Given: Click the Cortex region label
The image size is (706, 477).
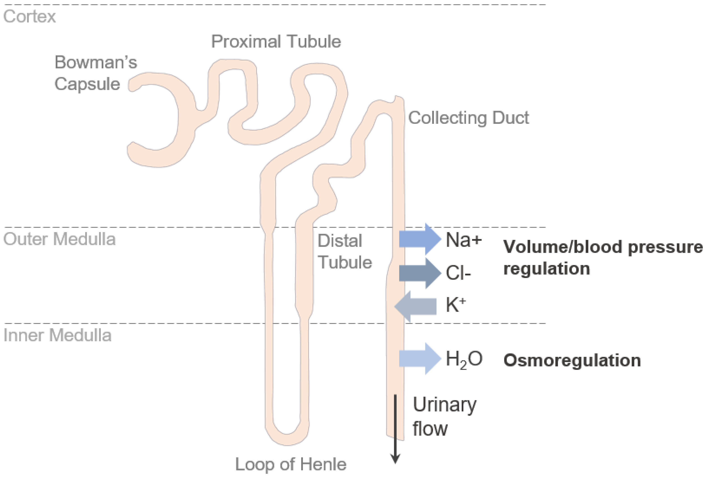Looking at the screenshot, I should [x=30, y=16].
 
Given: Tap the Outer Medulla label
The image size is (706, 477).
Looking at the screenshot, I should [x=60, y=239].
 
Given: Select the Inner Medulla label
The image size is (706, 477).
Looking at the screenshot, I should [x=57, y=335].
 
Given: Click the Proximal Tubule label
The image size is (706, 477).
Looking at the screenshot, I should [x=276, y=42].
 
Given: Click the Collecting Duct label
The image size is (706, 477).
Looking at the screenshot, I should [x=468, y=118].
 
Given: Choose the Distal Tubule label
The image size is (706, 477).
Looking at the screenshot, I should [x=344, y=251].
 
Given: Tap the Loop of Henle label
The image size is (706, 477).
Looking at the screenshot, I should [x=291, y=464].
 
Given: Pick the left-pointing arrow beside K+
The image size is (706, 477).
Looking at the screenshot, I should [x=416, y=306].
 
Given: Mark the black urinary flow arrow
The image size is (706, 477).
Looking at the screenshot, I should [x=395, y=431].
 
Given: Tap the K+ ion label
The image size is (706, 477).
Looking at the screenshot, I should [x=455, y=304].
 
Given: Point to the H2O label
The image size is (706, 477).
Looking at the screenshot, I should [x=464, y=359].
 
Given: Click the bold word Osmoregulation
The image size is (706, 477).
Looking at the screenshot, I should [x=572, y=360].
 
